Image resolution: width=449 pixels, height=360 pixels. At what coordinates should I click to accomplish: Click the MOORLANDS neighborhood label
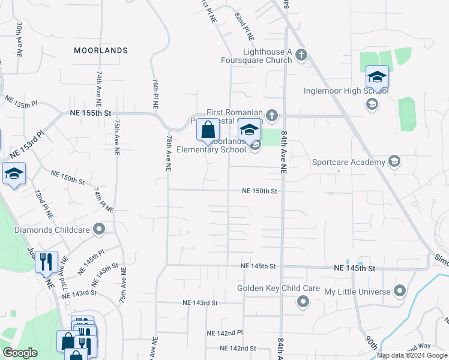coord(101,50)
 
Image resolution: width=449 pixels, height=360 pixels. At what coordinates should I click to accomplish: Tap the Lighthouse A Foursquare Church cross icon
coord(301,56)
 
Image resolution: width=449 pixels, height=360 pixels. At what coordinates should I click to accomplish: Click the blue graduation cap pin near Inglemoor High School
coord(377,77)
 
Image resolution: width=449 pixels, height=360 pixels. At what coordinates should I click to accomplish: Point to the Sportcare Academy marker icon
coord(394,161)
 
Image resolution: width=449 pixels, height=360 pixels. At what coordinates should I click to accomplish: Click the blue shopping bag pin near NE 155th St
coord(208,130)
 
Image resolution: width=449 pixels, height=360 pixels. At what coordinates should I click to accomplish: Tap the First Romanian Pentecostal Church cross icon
coord(272,114)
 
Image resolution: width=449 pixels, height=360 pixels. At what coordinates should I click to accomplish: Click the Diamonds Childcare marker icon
coord(100,229)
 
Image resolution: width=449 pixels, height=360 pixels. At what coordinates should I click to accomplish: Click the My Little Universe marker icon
coord(400,292)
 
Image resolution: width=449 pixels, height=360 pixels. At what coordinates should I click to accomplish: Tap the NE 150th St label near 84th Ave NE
coord(259,191)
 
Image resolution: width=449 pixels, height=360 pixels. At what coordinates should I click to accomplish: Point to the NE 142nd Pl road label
coord(224,332)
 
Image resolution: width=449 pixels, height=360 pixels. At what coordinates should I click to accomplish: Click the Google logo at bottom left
coord(20,353)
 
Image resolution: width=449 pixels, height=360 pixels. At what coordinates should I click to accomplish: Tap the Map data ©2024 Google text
coord(412,356)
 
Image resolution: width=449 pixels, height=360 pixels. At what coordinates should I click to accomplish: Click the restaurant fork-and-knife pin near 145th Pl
coord(46,262)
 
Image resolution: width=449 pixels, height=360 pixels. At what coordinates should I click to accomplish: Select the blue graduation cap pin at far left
coord(14,174)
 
